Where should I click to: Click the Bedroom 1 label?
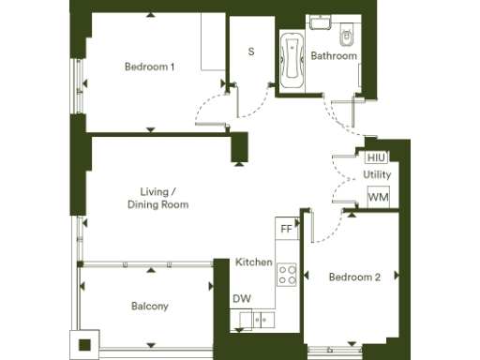pyautogui.click(x=150, y=67)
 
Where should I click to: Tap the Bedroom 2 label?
pyautogui.click(x=353, y=277)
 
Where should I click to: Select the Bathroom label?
pyautogui.click(x=335, y=56)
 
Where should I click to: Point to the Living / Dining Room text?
pyautogui.click(x=158, y=198)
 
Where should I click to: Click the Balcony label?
pyautogui.click(x=150, y=307)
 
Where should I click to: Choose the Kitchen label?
pyautogui.click(x=253, y=262)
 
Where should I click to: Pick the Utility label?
pyautogui.click(x=377, y=175)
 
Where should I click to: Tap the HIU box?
pyautogui.click(x=377, y=157)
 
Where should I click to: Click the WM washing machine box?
pyautogui.click(x=378, y=197)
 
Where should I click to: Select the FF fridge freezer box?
pyautogui.click(x=286, y=228)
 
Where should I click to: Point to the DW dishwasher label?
pyautogui.click(x=241, y=299)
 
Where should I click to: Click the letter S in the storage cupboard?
pyautogui.click(x=251, y=52)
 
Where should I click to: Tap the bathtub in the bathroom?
pyautogui.click(x=291, y=58)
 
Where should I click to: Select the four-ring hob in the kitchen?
pyautogui.click(x=287, y=274)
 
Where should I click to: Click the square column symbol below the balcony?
pyautogui.click(x=85, y=343)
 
